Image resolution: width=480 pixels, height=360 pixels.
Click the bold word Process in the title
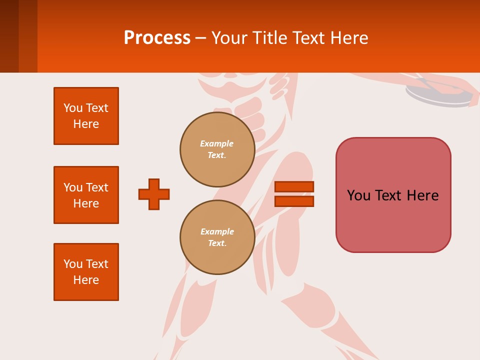pyautogui.click(x=157, y=37)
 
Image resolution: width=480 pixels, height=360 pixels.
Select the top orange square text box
pyautogui.click(x=86, y=116)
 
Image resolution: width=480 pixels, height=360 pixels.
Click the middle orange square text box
pyautogui.click(x=86, y=195)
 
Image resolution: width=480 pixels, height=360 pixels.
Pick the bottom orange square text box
pyautogui.click(x=86, y=272)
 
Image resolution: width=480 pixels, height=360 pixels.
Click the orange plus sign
pyautogui.click(x=154, y=194)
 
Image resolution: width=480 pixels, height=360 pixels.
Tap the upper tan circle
pyautogui.click(x=217, y=149)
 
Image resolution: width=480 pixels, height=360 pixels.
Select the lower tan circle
pyautogui.click(x=217, y=237)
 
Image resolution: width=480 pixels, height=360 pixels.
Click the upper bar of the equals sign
pyautogui.click(x=294, y=187)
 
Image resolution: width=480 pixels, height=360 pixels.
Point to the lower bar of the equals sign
pyautogui.click(x=294, y=201)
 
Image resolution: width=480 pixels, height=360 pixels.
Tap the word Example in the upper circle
pyautogui.click(x=217, y=143)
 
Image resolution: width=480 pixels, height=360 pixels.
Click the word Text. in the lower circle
pyautogui.click(x=217, y=243)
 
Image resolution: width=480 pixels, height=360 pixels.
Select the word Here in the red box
pyautogui.click(x=422, y=195)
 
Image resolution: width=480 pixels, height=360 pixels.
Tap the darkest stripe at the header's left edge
pyautogui.click(x=9, y=36)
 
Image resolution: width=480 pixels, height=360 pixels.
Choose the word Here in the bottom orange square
pyautogui.click(x=86, y=280)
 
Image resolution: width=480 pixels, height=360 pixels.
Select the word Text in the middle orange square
pyautogui.click(x=96, y=187)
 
